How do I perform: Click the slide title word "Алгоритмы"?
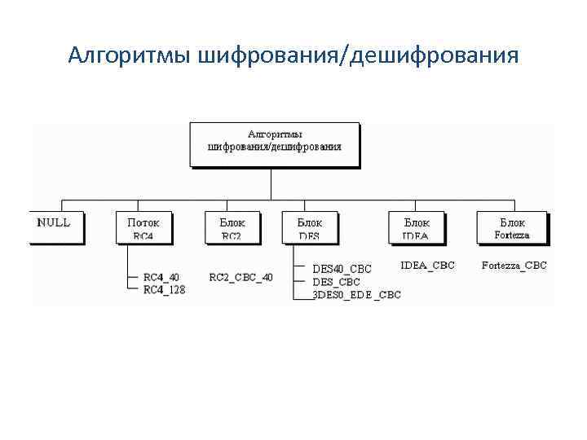click(x=130, y=55)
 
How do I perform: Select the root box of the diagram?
click(x=274, y=143)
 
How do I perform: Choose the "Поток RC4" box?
click(x=143, y=227)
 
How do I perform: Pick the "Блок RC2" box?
click(x=232, y=227)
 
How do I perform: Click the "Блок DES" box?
click(x=309, y=227)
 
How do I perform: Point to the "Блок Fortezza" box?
click(x=511, y=227)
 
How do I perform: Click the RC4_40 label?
click(x=161, y=277)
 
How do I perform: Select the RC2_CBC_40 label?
click(x=241, y=277)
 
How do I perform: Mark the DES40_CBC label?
click(x=342, y=268)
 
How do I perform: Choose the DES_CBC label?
click(x=336, y=281)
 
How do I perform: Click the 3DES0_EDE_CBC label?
click(x=357, y=295)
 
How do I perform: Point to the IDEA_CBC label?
click(x=428, y=265)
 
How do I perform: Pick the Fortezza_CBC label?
click(x=514, y=265)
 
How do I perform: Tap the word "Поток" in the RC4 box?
click(x=143, y=222)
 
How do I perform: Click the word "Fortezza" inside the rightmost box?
click(x=512, y=235)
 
